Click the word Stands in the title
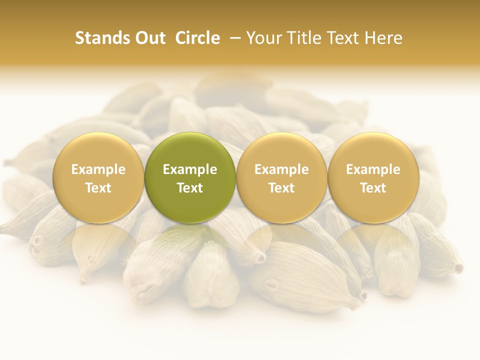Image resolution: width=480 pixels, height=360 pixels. coord(99,38)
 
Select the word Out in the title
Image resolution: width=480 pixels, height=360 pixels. coord(148,38)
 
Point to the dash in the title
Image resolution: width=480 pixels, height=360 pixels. coord(233,38)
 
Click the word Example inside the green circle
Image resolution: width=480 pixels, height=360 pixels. coord(190,169)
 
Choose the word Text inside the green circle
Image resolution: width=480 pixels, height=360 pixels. coord(190,188)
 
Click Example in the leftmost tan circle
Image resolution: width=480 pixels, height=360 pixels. coord(98,169)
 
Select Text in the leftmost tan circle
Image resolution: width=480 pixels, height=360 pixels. coord(98,188)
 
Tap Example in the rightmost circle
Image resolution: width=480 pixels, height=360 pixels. coord(373,169)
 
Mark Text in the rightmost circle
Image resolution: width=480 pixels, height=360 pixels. coord(373,188)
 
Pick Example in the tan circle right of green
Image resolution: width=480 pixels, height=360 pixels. coord(281,169)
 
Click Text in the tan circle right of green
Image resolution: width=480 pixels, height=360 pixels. coord(281,188)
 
